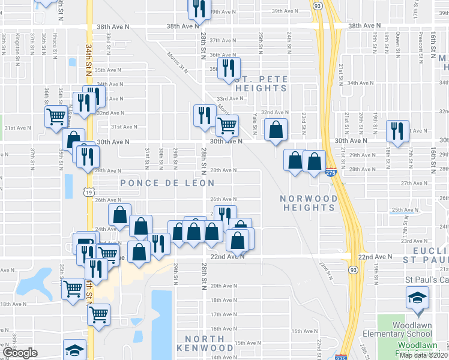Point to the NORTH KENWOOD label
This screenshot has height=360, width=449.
(x=205, y=343)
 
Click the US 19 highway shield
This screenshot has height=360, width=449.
(x=89, y=192)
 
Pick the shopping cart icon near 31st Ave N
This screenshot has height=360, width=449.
(x=228, y=125)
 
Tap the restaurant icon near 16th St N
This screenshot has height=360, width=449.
(x=397, y=131)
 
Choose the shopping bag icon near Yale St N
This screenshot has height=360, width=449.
(x=276, y=129)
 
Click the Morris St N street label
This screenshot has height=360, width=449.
(x=178, y=62)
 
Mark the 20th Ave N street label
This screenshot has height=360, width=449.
(x=223, y=286)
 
